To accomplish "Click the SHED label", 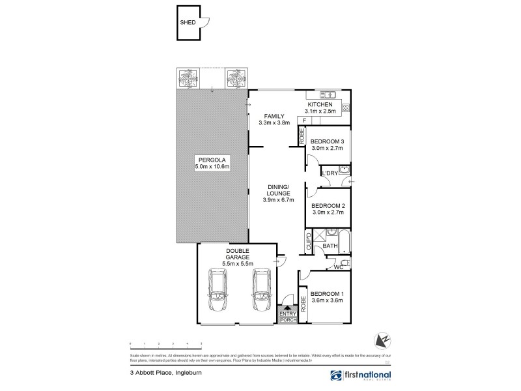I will [188, 22].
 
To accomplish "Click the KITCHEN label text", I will [320, 104].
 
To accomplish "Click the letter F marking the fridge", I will [303, 121].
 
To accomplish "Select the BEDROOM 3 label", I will [327, 141].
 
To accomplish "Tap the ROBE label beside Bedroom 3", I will [302, 137].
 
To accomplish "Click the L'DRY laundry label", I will [328, 173].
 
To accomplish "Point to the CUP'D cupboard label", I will [309, 242].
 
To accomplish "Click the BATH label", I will [330, 246].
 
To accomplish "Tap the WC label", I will [338, 266].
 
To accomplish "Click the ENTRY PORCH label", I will [287, 317].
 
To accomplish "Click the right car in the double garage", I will [260, 291].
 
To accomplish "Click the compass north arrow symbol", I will [382, 340].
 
